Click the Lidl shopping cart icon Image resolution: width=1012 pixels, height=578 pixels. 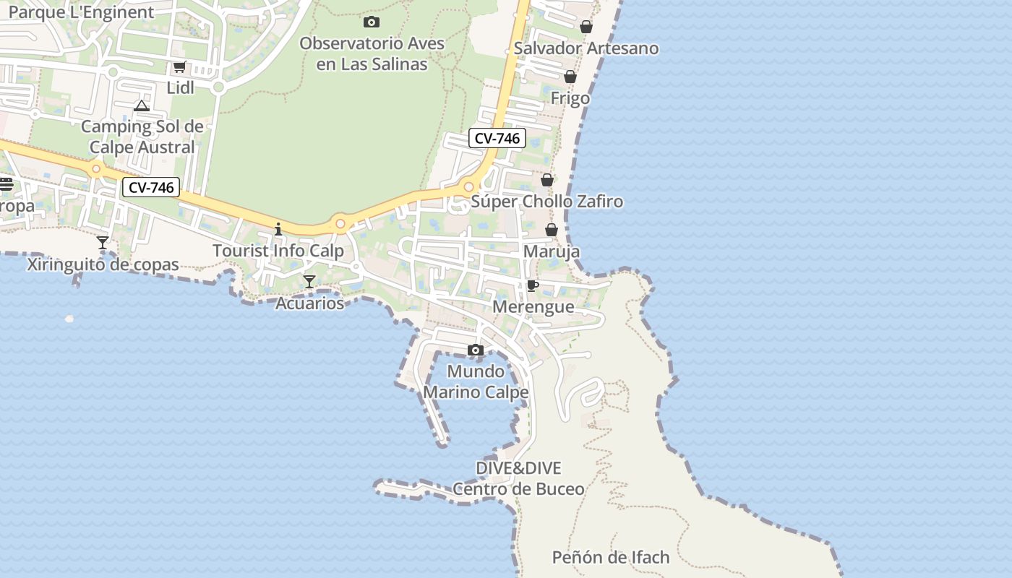179,67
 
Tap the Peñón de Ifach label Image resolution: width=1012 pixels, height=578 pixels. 611,558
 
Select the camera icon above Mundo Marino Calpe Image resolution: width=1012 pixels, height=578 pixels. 475,350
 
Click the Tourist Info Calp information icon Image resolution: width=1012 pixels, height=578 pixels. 278,230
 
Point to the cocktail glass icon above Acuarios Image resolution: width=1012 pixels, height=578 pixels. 309,282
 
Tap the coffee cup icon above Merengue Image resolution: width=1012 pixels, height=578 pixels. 533,286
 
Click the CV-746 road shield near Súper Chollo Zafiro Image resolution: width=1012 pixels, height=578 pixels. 497,138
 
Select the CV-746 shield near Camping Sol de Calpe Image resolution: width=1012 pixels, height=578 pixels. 150,188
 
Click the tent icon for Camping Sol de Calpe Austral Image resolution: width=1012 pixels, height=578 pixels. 142,106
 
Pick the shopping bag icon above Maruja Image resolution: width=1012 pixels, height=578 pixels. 552,230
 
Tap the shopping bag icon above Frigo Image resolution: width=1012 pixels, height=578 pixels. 570,77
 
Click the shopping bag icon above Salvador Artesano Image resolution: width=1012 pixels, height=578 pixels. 586,27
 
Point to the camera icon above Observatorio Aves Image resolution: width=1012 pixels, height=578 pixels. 372,22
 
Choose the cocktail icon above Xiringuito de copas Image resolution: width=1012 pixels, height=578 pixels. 103,243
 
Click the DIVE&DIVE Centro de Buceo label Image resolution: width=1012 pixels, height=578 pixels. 518,478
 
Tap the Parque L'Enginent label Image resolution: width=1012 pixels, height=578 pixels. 81,12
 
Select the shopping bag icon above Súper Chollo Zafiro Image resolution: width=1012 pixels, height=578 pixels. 547,180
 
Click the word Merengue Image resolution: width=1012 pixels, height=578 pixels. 533,307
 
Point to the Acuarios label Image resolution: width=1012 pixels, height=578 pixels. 309,303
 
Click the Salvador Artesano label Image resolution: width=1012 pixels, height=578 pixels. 586,48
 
